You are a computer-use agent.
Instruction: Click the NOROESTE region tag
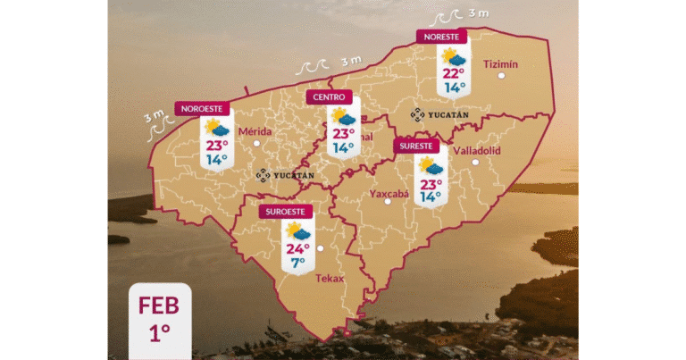203,108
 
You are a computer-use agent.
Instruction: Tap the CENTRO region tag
328,96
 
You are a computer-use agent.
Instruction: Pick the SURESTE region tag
417,146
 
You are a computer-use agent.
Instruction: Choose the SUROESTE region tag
286,212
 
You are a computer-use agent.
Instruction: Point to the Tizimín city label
500,63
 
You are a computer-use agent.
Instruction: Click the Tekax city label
330,278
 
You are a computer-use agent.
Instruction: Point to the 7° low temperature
297,263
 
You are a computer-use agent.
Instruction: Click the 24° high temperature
297,248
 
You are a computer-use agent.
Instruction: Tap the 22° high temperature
454,73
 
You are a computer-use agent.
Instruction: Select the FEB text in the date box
159,306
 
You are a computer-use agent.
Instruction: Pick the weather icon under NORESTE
454,56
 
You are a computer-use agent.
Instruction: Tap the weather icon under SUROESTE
298,230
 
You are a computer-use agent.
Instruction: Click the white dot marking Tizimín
502,77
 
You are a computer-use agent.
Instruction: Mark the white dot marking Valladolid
475,162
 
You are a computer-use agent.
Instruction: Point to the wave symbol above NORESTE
445,17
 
